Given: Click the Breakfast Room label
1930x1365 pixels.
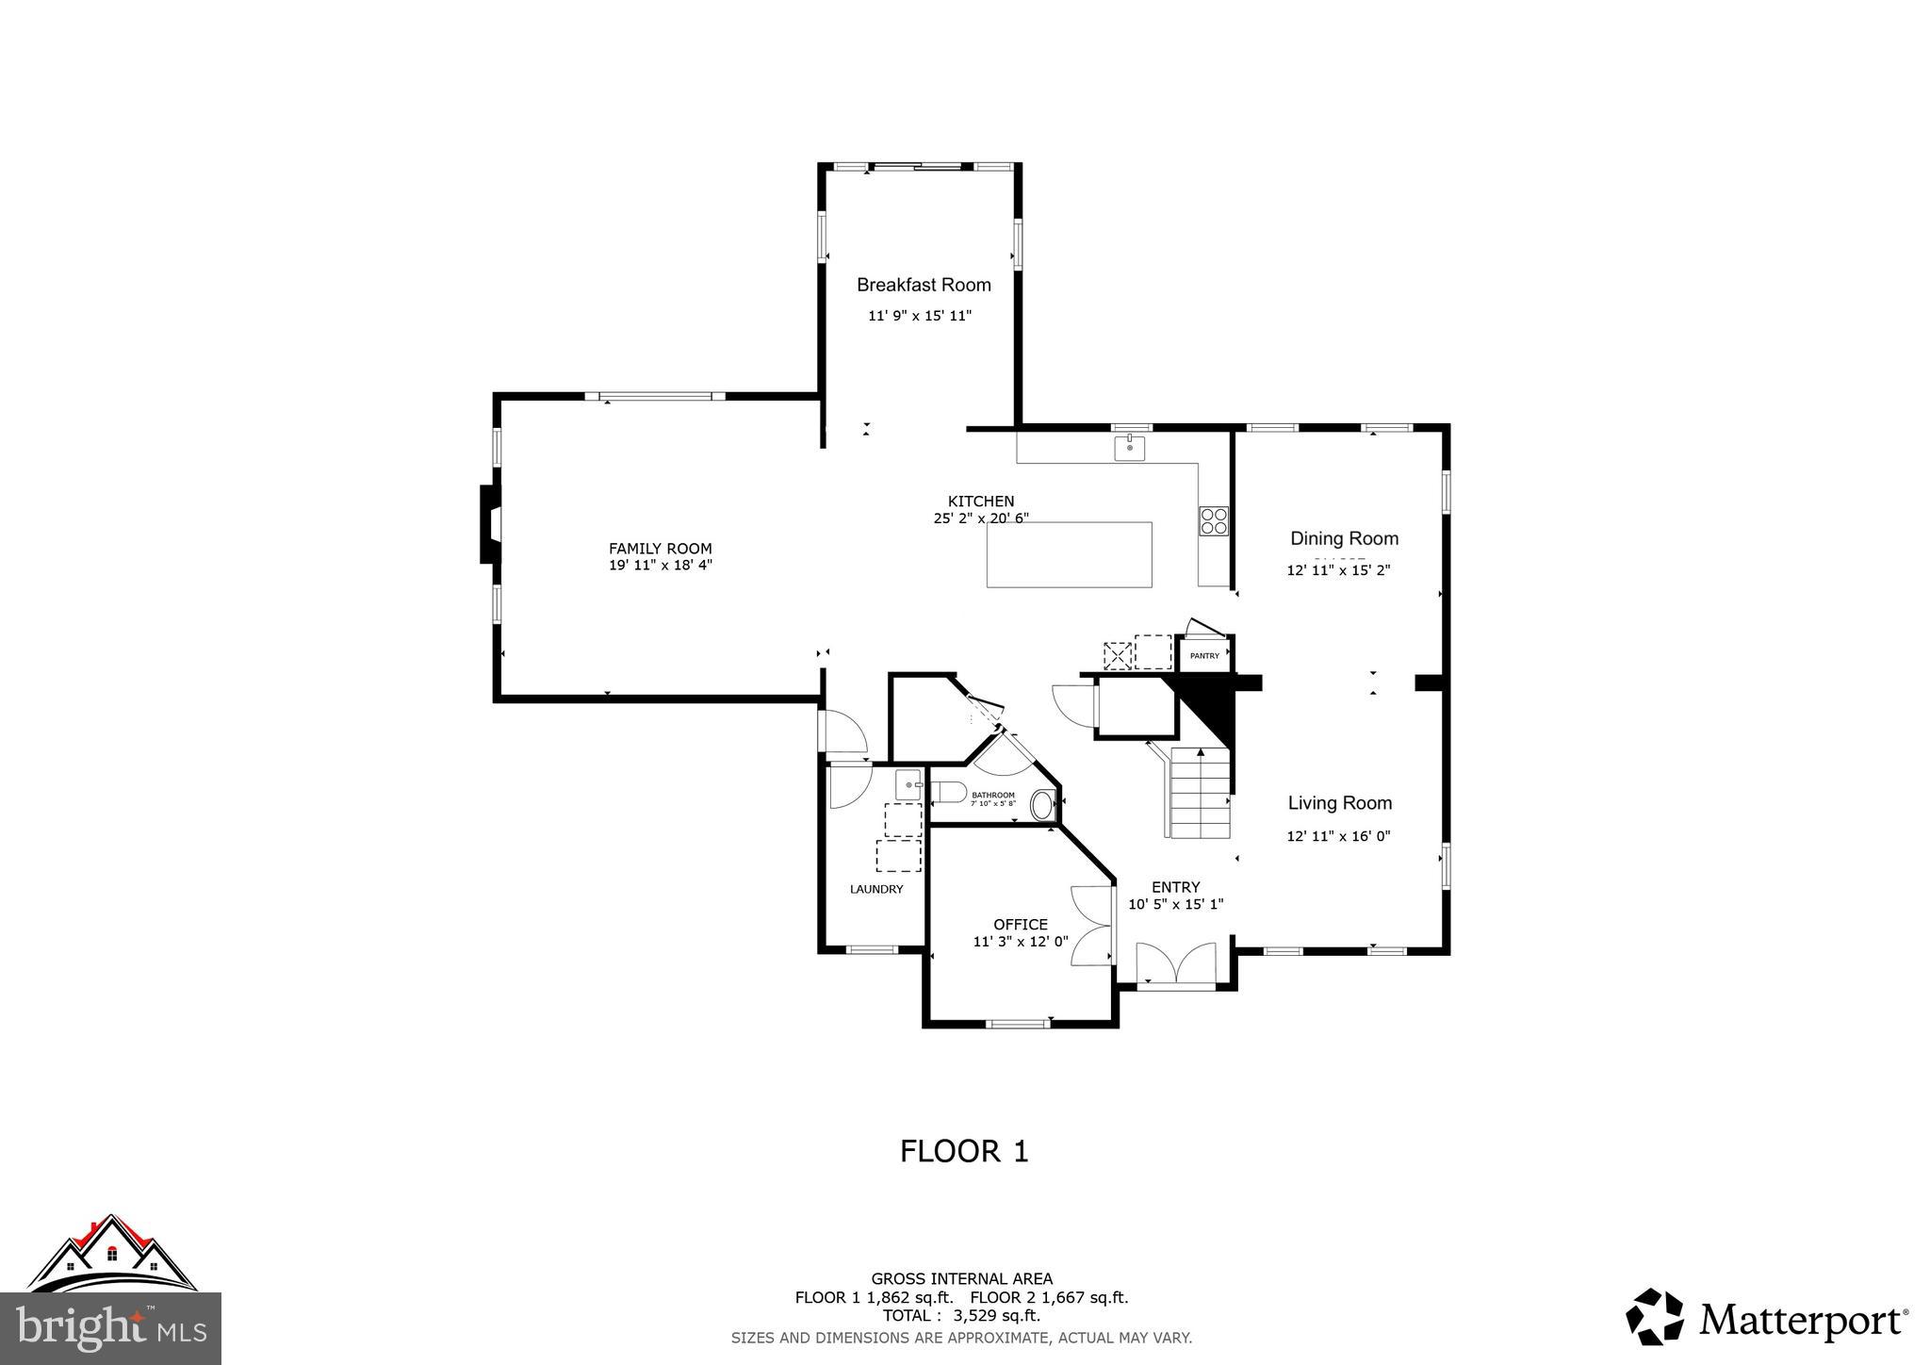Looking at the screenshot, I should [924, 285].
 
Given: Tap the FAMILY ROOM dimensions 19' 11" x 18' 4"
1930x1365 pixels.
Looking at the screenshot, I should [660, 566].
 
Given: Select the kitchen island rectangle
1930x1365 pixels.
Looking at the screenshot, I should [1069, 554].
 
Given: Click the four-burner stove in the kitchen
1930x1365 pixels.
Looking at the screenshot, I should [1213, 521].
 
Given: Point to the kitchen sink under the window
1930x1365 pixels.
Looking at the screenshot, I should [1129, 448].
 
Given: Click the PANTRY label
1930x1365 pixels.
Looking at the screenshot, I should [1204, 655].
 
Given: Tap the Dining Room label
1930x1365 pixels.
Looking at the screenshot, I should [1344, 538].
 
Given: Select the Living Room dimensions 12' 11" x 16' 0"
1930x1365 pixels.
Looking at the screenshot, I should [1338, 836].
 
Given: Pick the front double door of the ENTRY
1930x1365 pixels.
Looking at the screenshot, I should [1175, 965].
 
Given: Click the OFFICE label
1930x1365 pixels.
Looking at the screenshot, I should [1020, 925].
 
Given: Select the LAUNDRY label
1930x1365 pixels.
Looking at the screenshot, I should [876, 889].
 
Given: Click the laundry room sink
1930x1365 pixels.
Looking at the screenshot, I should [908, 784].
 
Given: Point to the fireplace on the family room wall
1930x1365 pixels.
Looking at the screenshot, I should [490, 524].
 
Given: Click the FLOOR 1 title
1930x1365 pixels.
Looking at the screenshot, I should [964, 1151].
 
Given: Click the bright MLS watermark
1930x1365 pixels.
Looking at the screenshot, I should [111, 1327].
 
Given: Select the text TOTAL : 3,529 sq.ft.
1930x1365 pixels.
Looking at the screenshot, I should [961, 1316].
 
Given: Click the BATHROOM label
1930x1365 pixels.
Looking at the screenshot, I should [993, 796].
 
